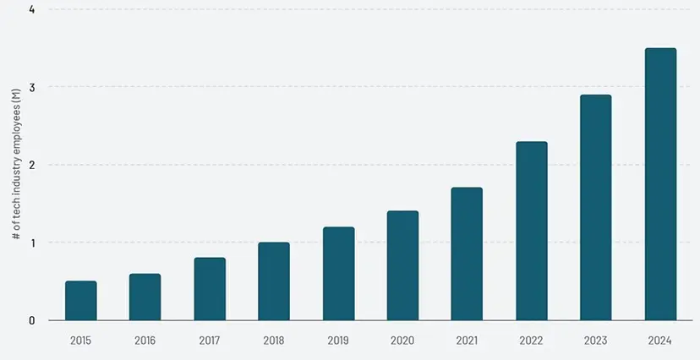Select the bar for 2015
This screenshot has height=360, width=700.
coord(81,301)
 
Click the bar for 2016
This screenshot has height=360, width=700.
coord(145,297)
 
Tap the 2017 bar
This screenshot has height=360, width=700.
coord(210,289)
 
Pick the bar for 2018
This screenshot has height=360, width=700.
coord(274,281)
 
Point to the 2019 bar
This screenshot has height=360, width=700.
coord(339,274)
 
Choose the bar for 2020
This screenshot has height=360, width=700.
coord(402,265)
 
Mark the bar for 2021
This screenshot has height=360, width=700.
coord(467,254)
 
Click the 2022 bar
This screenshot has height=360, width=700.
coord(532,231)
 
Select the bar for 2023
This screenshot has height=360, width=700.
coord(595,207)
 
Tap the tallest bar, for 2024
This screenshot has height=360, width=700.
coord(661,184)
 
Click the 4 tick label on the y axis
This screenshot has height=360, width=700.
coord(31,9)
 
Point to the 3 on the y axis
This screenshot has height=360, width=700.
coord(31,87)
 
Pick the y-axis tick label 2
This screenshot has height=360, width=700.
coord(31,165)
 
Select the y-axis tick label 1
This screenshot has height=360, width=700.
coord(31,243)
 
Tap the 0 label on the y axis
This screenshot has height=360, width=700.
coord(31,320)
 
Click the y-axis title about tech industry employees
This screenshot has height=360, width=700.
coord(17,165)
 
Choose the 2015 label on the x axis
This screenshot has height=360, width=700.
coord(80,341)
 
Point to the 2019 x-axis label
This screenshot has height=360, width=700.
coord(338,341)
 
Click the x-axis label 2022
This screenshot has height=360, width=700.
coord(531,341)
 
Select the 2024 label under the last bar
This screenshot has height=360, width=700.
coord(660,341)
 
